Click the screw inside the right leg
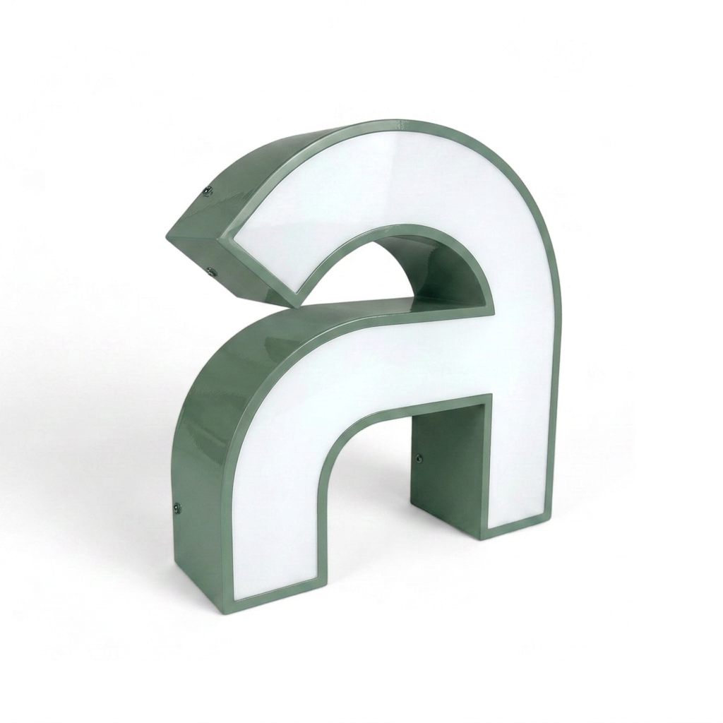(x=419, y=458)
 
